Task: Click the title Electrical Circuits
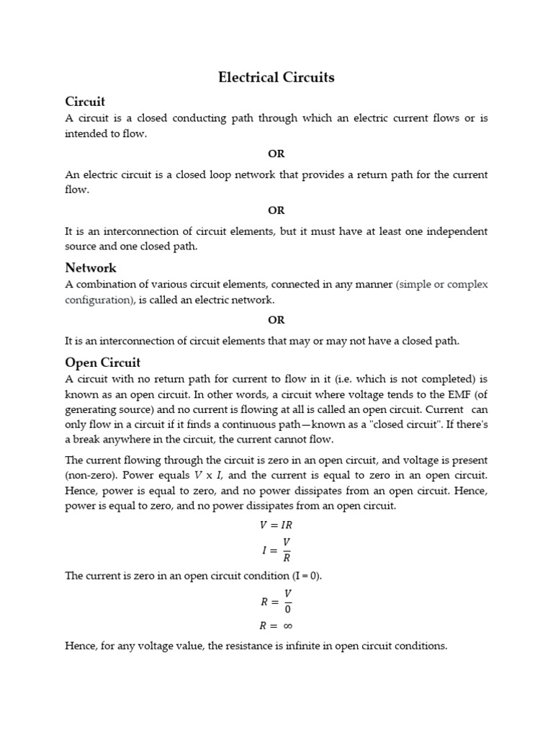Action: pyautogui.click(x=276, y=78)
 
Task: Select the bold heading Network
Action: pyautogui.click(x=91, y=268)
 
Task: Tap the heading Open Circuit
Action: pyautogui.click(x=103, y=362)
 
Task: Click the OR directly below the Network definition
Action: pyautogui.click(x=276, y=320)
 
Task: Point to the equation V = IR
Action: pyautogui.click(x=276, y=525)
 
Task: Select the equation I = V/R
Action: pyautogui.click(x=276, y=550)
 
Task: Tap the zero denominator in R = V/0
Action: pyautogui.click(x=287, y=608)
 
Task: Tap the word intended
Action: pyautogui.click(x=86, y=134)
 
